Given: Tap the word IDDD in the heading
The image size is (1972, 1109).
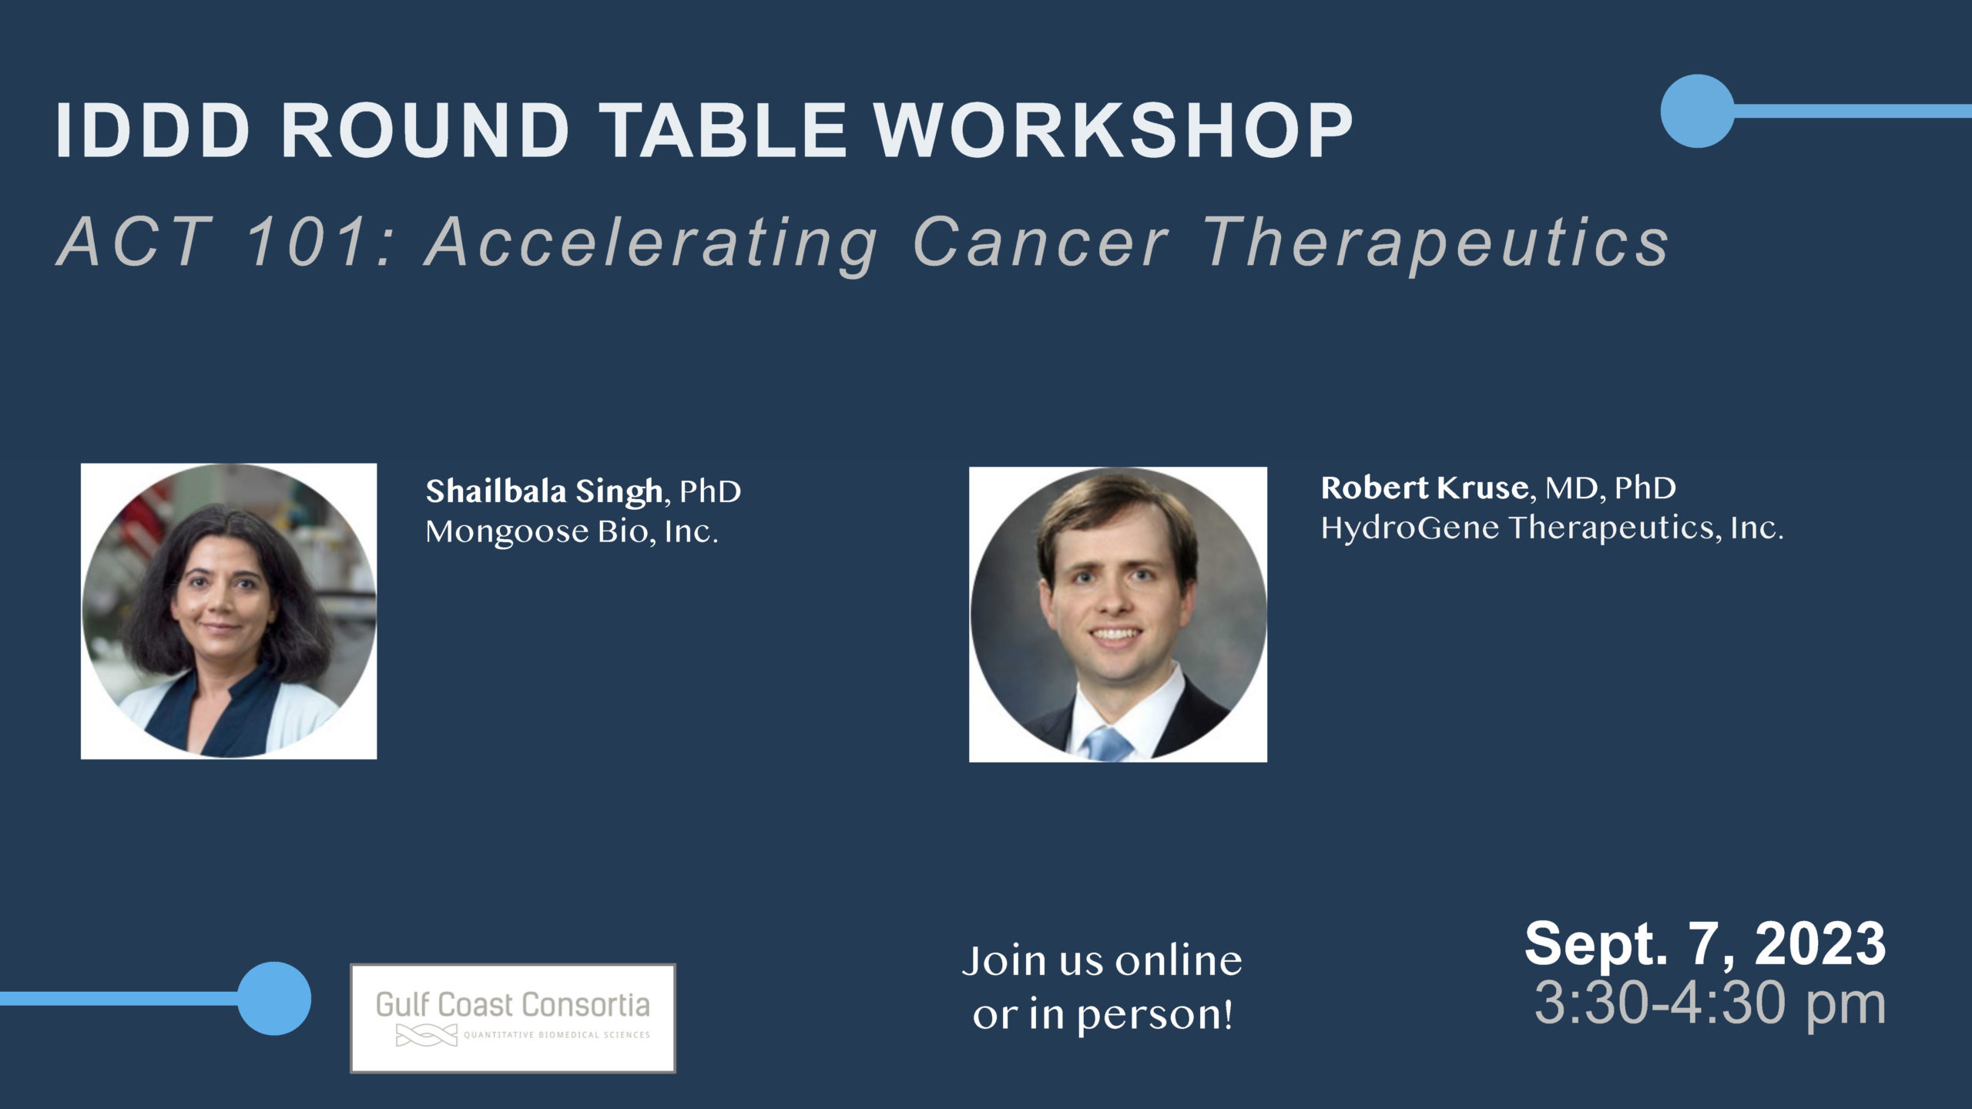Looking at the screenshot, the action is pos(152,130).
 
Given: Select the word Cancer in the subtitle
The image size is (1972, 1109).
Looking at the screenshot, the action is pos(1041,243).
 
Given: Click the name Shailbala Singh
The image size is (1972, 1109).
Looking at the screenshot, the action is pos(544,492).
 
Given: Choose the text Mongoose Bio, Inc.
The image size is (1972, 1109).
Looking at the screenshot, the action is pos(572,531).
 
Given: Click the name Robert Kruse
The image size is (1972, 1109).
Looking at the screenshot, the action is pos(1424,487).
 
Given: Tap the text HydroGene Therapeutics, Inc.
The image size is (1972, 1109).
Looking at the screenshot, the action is pos(1552,528).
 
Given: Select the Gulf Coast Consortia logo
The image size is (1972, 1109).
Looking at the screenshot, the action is pos(513,1017).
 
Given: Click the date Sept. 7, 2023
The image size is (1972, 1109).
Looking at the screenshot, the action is pos(1705,943).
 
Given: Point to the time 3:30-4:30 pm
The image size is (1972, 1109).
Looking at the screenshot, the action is pos(1710,1003).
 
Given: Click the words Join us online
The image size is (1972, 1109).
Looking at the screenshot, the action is pos(1102,961).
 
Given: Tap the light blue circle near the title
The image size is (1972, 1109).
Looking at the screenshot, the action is pos(1697,111).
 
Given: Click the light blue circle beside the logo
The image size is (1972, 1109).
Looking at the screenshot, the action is pos(274,998).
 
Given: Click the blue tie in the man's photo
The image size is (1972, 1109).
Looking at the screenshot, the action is pos(1108,743).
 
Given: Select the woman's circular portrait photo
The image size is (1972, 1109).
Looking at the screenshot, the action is pos(229,611).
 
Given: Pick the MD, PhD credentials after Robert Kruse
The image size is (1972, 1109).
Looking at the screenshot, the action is pos(1611,488).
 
